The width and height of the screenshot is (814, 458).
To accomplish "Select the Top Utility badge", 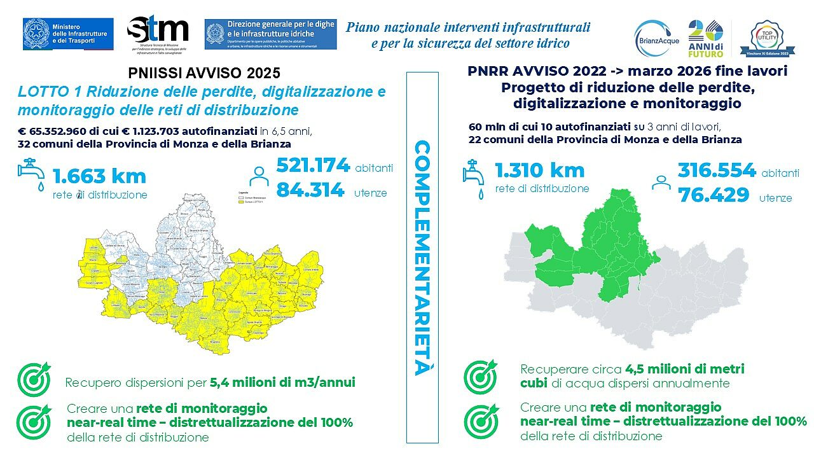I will click(771, 38).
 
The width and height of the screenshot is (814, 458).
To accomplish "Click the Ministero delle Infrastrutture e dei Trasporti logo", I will click(68, 33).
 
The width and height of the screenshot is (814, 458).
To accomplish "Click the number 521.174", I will click(313, 166).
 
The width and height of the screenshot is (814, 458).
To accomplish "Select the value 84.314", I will click(310, 190).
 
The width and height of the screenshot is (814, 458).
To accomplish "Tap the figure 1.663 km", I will click(99, 176).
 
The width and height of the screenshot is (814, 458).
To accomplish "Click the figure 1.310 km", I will click(541, 170).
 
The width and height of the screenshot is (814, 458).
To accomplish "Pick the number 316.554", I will click(716, 170).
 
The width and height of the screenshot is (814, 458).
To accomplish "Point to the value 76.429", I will click(714, 195).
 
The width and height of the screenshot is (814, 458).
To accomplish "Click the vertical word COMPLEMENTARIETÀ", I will click(422, 258).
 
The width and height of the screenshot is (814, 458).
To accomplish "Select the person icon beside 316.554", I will click(661, 183).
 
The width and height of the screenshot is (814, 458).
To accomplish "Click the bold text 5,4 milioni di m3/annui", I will click(282, 383).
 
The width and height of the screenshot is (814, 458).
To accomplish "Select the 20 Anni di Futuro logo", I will click(706, 38).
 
